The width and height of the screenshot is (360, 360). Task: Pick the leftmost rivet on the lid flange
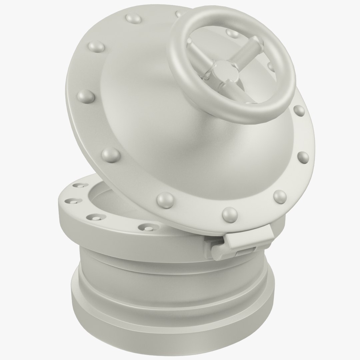[84, 96]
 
